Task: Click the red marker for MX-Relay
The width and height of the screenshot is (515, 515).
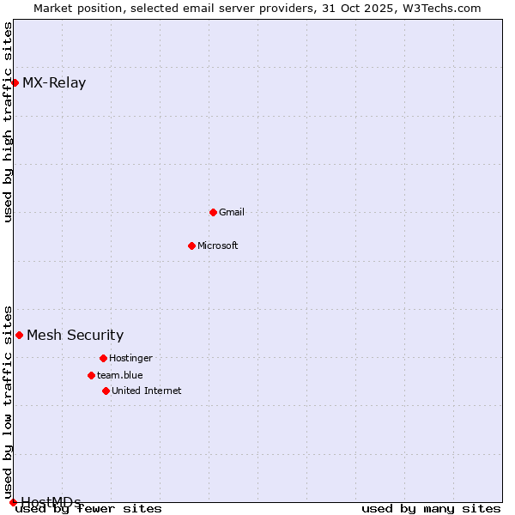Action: (15, 82)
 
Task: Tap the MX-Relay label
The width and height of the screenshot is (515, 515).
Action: (54, 83)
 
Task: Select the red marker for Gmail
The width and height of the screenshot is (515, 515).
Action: (213, 212)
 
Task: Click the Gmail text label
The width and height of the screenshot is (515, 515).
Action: (232, 212)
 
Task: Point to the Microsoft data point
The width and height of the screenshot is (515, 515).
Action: (191, 245)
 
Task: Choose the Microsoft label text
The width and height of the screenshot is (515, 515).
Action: (218, 245)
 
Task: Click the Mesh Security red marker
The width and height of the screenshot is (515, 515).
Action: (19, 335)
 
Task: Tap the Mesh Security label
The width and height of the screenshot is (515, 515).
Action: (76, 336)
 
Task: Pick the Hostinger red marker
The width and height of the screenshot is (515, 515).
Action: (103, 358)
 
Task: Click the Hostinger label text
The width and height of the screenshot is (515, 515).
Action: (130, 358)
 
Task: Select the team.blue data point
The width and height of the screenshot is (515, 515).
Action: (91, 375)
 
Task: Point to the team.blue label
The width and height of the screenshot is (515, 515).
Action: (120, 375)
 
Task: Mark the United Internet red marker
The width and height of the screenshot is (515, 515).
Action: (106, 391)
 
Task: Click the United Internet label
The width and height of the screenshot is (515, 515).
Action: (147, 391)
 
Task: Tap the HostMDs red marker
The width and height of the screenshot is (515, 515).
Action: (13, 502)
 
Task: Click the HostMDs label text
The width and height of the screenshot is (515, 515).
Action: (51, 501)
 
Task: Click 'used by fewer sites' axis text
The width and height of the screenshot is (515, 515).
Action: (89, 509)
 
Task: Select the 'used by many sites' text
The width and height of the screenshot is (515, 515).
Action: (431, 509)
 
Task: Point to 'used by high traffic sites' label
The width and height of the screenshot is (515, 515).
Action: (9, 123)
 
